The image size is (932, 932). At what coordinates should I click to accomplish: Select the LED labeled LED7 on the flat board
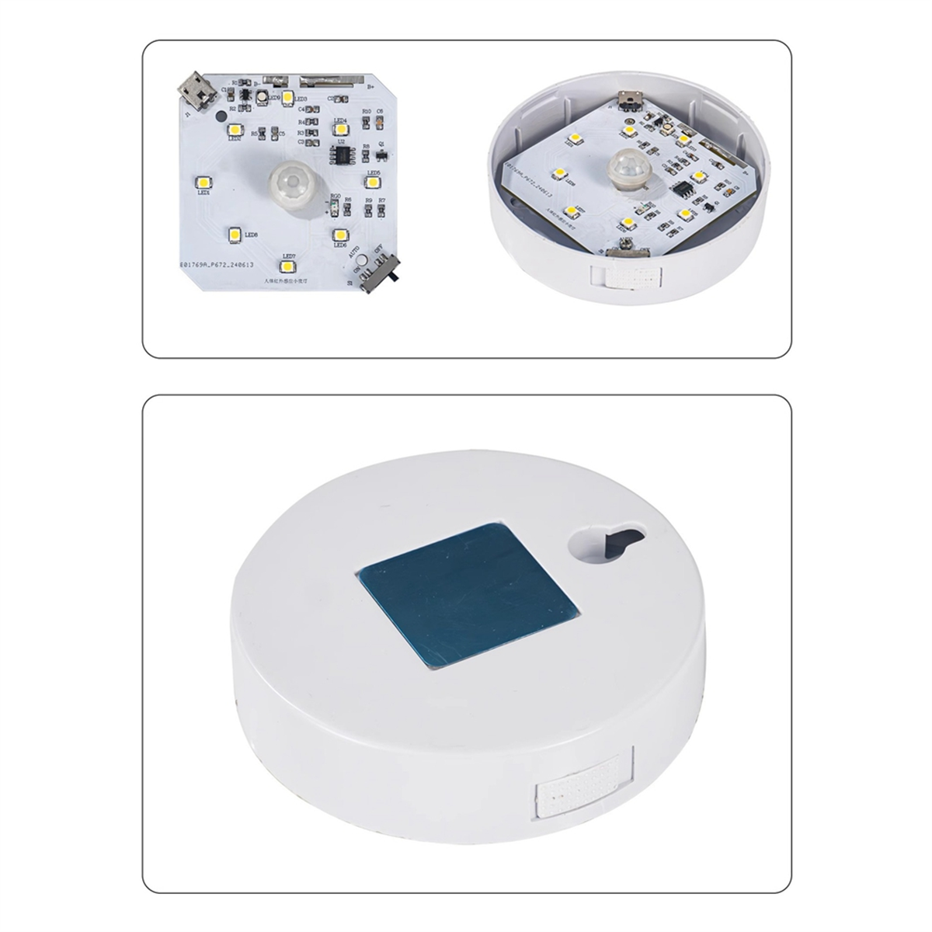(x=288, y=266)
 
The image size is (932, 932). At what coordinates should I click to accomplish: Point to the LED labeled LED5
(x=373, y=182)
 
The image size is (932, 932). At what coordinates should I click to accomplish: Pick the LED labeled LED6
(x=339, y=233)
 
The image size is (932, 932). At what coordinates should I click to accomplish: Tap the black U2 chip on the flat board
(x=340, y=155)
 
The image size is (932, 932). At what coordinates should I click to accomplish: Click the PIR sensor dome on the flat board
(x=284, y=183)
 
